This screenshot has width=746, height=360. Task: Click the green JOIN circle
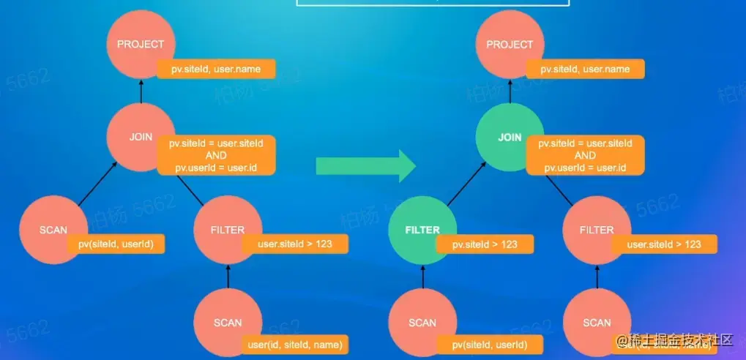[510, 136]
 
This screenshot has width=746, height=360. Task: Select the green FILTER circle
[422, 230]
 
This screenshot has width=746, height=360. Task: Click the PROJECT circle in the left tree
[141, 44]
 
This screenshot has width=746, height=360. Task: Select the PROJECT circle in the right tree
[510, 44]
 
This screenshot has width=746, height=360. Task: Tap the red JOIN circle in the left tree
[141, 136]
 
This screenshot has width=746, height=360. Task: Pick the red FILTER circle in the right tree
[597, 230]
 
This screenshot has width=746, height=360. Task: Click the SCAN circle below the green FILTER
[422, 322]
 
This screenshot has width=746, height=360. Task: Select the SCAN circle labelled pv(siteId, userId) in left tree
[53, 230]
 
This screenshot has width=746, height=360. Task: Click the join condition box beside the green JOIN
[585, 155]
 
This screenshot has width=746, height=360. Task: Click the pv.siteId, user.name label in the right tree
[585, 70]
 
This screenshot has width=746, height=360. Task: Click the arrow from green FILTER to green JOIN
[466, 183]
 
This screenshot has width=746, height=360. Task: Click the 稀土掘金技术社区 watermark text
[674, 340]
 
